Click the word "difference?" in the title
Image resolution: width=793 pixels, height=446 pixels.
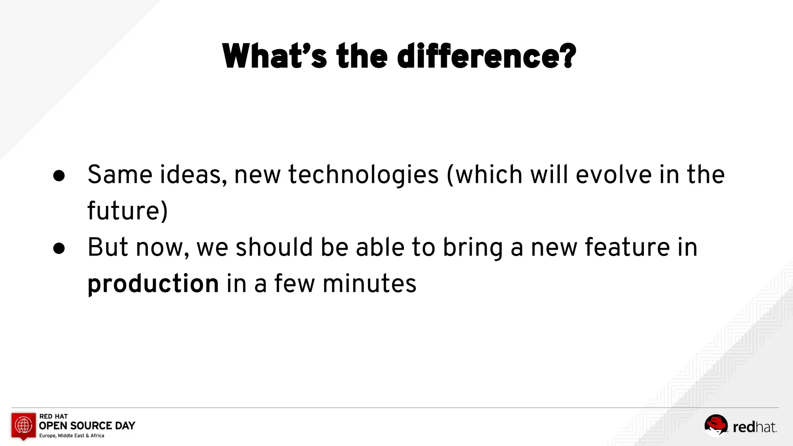(x=486, y=57)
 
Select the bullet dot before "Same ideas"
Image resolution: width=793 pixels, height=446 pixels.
(x=59, y=176)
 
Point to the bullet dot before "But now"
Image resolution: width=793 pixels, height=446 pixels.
(x=59, y=248)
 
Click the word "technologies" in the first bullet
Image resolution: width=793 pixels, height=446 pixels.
(x=363, y=175)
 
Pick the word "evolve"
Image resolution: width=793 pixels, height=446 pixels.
(x=613, y=175)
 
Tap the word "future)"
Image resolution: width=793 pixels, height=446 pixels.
(x=127, y=211)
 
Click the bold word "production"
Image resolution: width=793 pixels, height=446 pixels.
(x=153, y=284)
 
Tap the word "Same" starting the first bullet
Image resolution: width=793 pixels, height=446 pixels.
(x=120, y=175)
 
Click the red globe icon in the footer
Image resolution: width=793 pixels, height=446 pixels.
(x=24, y=425)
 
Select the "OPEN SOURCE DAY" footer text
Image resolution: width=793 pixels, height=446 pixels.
(x=87, y=426)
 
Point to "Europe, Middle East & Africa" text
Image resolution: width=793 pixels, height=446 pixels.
(x=72, y=436)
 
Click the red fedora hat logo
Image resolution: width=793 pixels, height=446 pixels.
(x=716, y=425)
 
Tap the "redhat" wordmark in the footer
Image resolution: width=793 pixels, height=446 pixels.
(x=754, y=427)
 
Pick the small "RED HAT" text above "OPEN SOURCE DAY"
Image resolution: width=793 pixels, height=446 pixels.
(x=53, y=416)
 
